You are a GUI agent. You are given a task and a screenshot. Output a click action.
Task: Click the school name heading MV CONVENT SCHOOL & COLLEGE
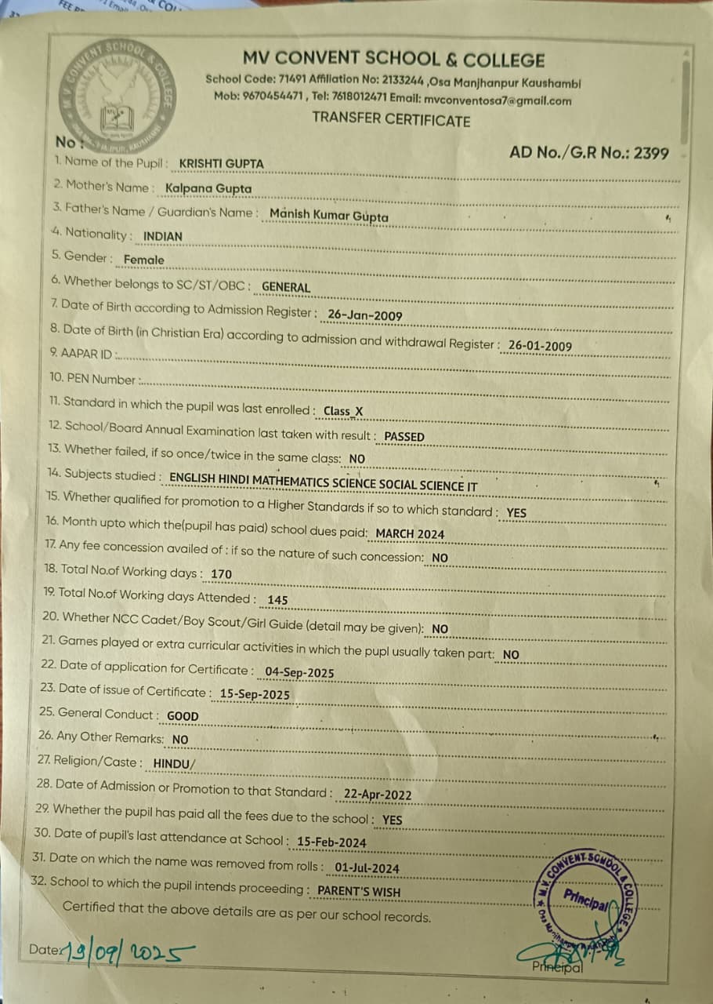click(x=393, y=60)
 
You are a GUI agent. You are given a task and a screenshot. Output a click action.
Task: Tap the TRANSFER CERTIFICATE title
click(x=391, y=120)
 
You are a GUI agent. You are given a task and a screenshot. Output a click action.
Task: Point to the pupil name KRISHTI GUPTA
click(x=222, y=164)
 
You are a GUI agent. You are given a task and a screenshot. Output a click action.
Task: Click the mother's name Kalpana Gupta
click(x=208, y=188)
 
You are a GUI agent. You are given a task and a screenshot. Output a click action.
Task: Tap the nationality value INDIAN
click(x=163, y=236)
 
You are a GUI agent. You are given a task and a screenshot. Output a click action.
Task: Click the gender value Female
click(x=144, y=260)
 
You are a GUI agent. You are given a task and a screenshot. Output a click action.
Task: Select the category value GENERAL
click(x=286, y=287)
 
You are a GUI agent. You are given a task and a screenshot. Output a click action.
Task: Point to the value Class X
click(x=343, y=411)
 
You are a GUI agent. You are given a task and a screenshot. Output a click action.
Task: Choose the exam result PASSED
click(x=404, y=437)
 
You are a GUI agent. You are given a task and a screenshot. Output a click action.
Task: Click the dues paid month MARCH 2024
click(x=410, y=534)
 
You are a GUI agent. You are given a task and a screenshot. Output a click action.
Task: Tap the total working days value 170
click(x=222, y=574)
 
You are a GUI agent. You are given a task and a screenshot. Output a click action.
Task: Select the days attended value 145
click(x=277, y=600)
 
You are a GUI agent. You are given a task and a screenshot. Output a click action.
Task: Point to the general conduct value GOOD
click(x=183, y=716)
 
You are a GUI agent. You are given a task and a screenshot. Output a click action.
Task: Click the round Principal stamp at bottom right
click(x=584, y=899)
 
